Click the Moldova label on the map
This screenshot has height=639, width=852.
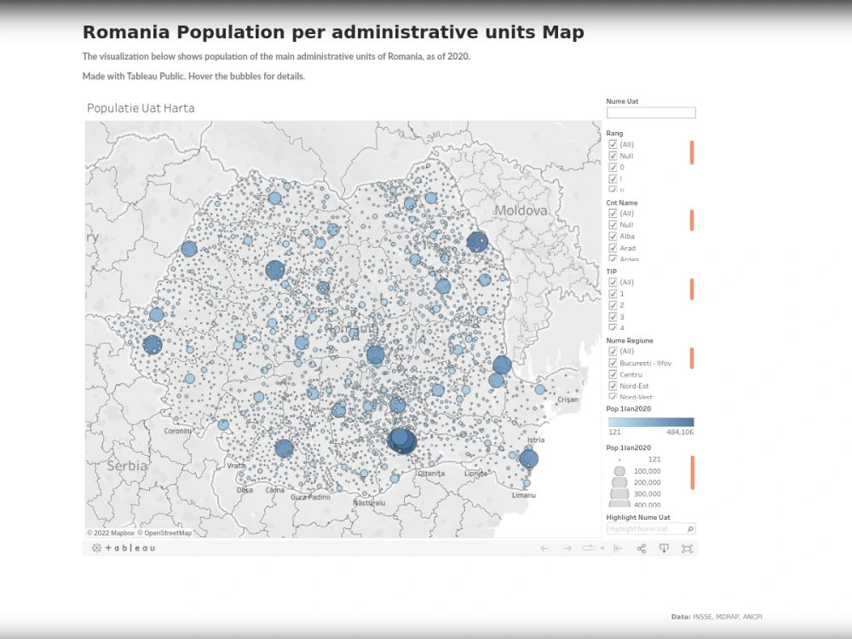(521, 210)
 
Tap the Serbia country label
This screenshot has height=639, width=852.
(127, 466)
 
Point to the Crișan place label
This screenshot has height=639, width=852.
(567, 400)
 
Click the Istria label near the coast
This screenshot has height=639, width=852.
(536, 440)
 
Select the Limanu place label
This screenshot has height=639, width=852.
(524, 495)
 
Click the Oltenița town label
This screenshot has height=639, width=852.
(431, 473)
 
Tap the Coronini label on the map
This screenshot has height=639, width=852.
(178, 431)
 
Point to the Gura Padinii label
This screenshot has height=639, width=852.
(310, 497)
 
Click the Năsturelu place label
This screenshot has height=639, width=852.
(369, 503)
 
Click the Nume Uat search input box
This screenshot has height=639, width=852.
(651, 112)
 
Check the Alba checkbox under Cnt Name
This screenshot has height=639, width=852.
(613, 236)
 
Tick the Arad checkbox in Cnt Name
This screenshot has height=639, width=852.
(613, 248)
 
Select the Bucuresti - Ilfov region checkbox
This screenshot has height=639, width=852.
(613, 363)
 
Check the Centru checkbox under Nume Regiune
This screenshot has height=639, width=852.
(613, 375)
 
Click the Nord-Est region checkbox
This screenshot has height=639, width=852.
(613, 386)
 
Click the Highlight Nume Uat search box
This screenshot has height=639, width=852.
(647, 529)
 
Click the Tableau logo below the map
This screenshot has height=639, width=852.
(124, 548)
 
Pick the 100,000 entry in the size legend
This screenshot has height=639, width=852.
(647, 471)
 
